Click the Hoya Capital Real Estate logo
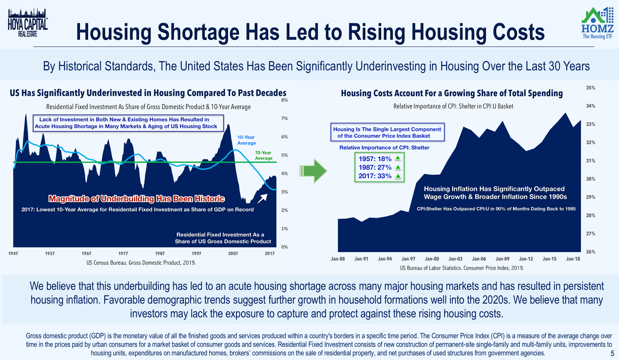(x=28, y=23)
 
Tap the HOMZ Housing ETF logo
(x=597, y=23)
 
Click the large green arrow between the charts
(x=314, y=171)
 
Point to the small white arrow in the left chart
(x=262, y=198)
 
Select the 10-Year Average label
(x=246, y=140)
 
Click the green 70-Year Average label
(x=263, y=155)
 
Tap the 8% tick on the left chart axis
(x=284, y=100)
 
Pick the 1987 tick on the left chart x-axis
(x=160, y=253)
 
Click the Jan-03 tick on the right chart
(x=455, y=259)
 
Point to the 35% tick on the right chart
(x=590, y=88)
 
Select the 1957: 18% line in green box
(x=375, y=159)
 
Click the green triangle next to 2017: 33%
(x=398, y=176)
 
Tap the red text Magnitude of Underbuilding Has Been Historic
(x=136, y=199)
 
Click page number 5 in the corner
(x=612, y=353)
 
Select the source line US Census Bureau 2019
(x=141, y=263)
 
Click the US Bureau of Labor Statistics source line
(x=462, y=268)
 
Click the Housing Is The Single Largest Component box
(x=387, y=132)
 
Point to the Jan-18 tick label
(x=573, y=259)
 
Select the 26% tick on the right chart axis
(x=590, y=252)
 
